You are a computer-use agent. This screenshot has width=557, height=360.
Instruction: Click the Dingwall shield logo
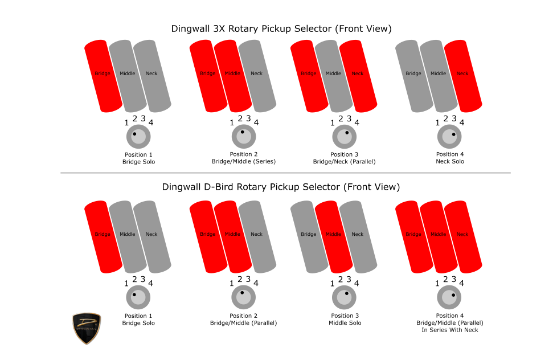[87, 328]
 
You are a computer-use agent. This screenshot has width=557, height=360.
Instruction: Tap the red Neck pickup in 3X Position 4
[463, 76]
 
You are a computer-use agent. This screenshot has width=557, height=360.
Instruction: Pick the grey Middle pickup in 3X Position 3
[334, 76]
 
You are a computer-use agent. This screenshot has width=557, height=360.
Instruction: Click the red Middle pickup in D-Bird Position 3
[334, 237]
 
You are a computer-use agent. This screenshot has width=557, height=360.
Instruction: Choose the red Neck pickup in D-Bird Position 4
[463, 237]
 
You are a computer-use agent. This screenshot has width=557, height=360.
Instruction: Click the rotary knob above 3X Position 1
[138, 137]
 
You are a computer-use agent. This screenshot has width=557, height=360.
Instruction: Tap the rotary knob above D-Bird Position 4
[449, 297]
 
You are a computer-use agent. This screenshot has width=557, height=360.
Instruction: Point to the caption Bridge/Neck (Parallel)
[344, 162]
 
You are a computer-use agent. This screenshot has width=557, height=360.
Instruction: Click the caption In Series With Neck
[450, 330]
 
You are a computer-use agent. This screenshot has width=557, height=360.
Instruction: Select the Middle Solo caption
[345, 323]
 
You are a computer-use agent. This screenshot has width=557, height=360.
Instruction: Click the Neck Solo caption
[450, 161]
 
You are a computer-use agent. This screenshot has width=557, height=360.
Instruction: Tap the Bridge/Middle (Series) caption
[244, 162]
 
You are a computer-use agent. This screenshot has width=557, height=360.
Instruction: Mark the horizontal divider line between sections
[285, 173]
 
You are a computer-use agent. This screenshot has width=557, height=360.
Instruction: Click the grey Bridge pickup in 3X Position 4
[414, 76]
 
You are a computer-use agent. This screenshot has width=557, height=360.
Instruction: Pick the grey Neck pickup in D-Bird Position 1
[152, 237]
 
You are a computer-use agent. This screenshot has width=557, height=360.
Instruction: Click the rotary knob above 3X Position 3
[344, 137]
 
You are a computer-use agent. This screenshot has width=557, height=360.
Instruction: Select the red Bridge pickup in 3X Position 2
[208, 76]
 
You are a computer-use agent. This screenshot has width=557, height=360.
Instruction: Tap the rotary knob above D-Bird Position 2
[243, 297]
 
